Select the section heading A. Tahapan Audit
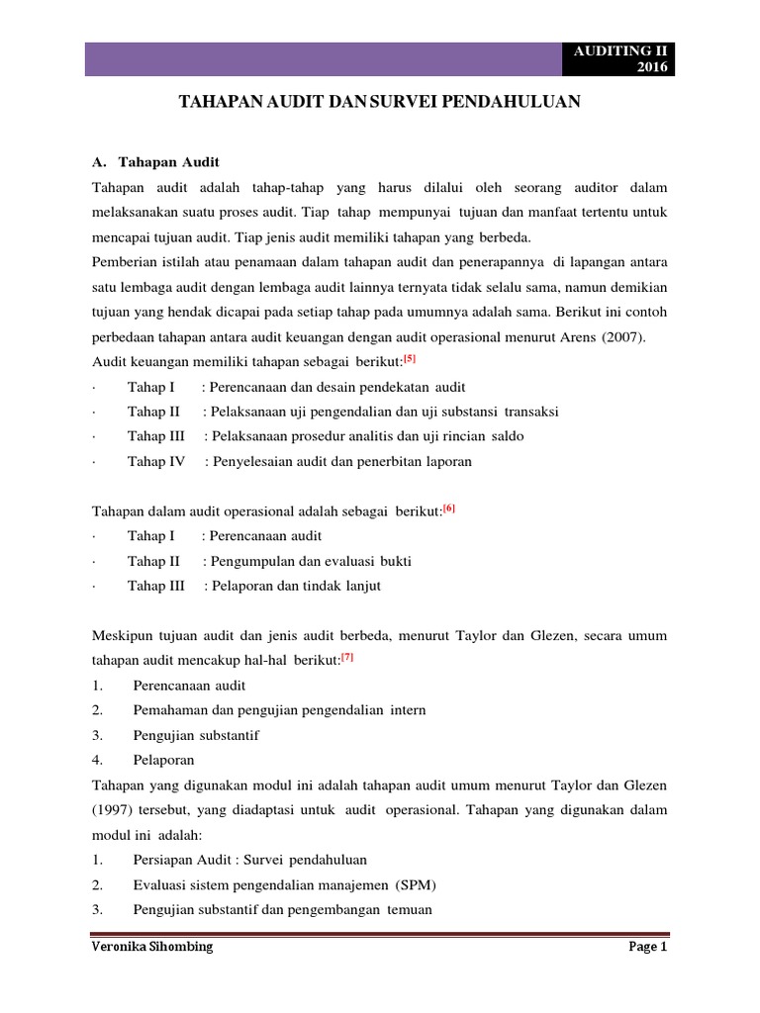point(155,161)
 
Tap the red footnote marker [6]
point(449,508)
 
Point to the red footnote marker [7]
point(347,658)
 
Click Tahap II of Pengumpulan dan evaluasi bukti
point(153,561)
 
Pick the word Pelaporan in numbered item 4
point(163,760)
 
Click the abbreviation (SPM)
point(415,883)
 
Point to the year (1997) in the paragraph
point(112,809)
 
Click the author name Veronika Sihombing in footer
point(150,947)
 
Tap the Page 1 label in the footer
point(649,947)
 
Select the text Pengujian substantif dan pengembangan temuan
point(282,908)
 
